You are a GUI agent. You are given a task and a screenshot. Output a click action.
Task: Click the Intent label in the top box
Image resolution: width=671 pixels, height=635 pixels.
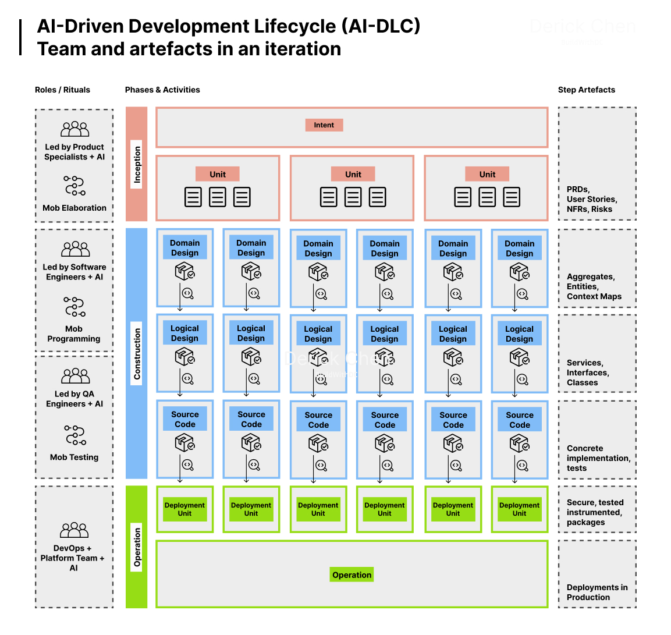pos(324,125)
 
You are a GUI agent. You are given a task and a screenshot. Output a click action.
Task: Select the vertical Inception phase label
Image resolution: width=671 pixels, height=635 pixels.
pos(137,164)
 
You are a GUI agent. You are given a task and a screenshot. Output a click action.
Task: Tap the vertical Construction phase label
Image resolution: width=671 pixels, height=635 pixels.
pos(137,354)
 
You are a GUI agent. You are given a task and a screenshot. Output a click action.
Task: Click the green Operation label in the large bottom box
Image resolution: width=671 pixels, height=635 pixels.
pos(352,575)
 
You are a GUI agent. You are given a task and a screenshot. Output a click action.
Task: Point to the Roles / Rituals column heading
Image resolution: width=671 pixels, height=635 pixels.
pos(62,90)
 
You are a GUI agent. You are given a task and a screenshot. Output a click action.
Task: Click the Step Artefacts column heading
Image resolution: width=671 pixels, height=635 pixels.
pos(586,90)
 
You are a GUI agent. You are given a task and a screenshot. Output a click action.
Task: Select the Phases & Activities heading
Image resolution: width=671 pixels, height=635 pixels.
pos(162,90)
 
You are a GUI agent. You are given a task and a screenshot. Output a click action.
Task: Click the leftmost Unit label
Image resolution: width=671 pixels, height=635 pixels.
pos(218,174)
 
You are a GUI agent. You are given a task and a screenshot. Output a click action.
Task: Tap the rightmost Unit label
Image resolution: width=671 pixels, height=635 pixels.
pos(487,174)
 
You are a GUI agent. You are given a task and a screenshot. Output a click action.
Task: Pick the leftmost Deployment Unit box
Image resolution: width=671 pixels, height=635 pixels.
pos(184,509)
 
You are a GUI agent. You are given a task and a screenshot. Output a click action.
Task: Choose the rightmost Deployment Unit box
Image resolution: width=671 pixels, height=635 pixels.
pos(519,509)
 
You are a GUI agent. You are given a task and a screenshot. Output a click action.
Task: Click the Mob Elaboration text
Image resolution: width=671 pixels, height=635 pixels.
pos(74,208)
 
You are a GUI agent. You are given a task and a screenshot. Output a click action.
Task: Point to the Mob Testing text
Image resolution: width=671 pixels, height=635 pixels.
pos(74,457)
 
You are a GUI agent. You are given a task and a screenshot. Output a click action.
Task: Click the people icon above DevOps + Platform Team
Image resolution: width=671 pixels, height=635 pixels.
pos(74,530)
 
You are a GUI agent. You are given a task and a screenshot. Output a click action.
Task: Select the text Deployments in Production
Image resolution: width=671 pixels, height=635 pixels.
pos(597,593)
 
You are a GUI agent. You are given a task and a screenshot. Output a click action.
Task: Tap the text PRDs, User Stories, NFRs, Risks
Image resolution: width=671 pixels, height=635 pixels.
pos(592,199)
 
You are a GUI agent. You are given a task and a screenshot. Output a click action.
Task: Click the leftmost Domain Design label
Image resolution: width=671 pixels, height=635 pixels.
pos(184,248)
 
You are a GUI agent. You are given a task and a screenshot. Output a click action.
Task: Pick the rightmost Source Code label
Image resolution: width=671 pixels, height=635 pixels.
pos(519,420)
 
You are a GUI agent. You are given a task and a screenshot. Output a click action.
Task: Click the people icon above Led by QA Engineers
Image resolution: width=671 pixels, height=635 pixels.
pos(76,376)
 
